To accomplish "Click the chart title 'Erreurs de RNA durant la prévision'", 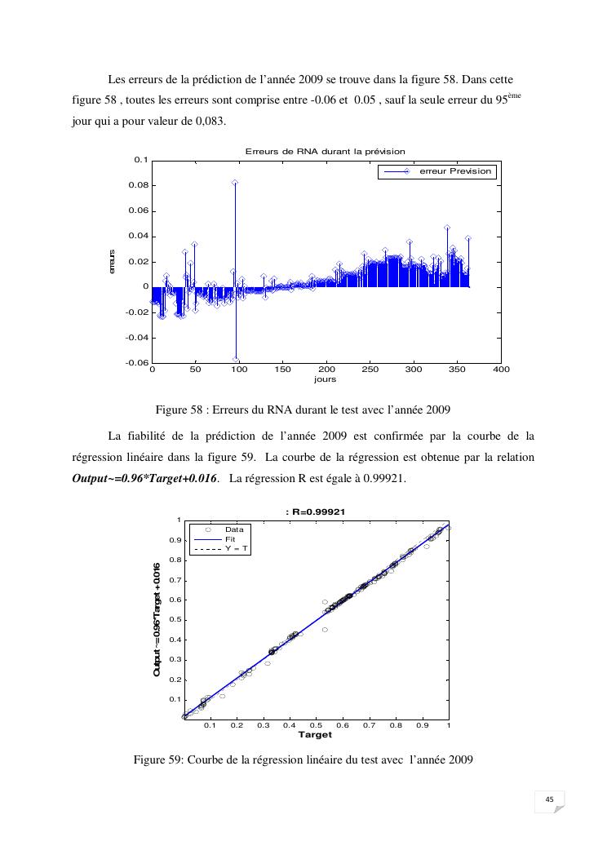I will [326, 151].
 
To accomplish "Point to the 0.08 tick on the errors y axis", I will [140, 185].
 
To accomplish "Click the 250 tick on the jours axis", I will [370, 370].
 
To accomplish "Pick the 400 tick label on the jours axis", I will [501, 370].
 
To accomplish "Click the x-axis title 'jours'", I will [325, 379].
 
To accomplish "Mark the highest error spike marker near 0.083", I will [235, 183].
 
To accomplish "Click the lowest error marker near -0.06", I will [236, 360].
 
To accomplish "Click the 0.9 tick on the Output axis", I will [174, 540].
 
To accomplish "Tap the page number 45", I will [549, 799].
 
